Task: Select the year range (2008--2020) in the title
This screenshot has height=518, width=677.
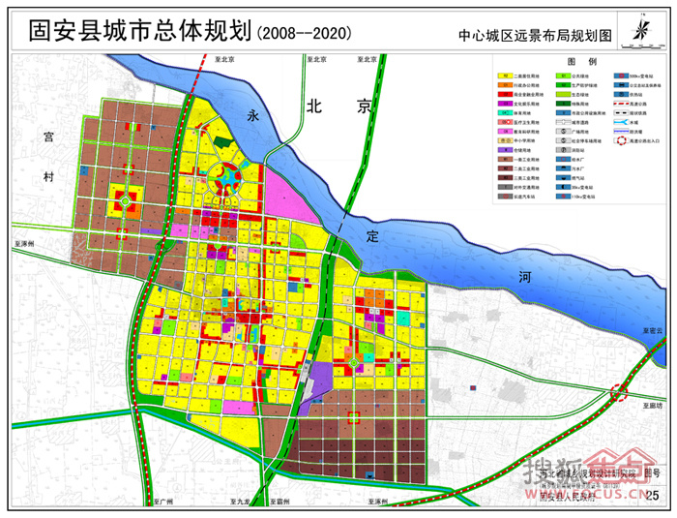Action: pos(302,32)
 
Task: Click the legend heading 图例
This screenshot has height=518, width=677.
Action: pos(580,61)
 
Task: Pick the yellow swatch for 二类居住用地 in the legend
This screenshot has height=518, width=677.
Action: pos(506,75)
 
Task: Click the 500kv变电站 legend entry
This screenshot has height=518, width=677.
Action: pos(639,75)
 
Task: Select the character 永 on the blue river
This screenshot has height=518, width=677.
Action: pos(254,115)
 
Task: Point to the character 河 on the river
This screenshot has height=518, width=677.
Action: pos(525,277)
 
